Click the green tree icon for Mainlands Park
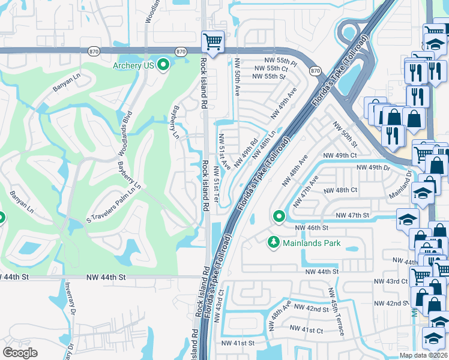[273, 242]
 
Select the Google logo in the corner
[20, 352]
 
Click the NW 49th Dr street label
[373, 167]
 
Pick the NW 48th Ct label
[340, 190]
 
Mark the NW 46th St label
[312, 228]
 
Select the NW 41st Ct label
[306, 329]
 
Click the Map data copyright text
[424, 355]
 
